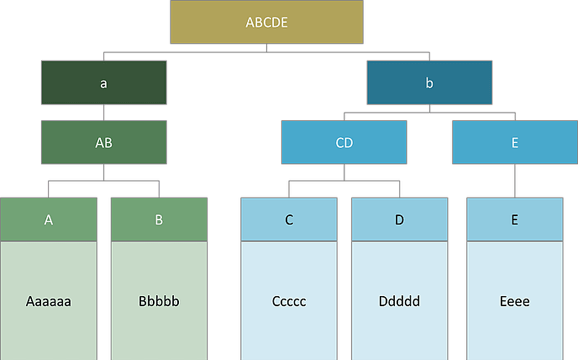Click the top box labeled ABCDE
266,22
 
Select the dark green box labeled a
104,82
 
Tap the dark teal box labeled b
429,82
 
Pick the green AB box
104,143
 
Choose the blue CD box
344,143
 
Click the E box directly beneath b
514,143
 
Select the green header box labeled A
48,219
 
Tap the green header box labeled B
159,219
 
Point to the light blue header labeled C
289,219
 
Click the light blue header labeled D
399,219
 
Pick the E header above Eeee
514,219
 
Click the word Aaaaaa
48,302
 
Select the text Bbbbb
159,302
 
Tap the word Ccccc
289,302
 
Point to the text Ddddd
399,302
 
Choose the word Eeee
514,302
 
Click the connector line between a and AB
104,113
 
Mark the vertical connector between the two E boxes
514,181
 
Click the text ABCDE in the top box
266,22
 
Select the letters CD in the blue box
344,143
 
